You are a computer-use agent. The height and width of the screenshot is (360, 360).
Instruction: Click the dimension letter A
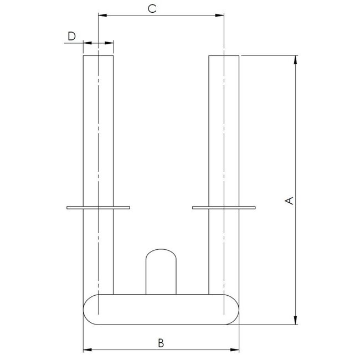click(x=289, y=200)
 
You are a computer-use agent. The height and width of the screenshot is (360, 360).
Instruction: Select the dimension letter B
click(x=161, y=343)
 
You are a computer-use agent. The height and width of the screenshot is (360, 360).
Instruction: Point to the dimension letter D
click(x=71, y=37)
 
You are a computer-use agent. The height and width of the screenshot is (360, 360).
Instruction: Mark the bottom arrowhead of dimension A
click(x=295, y=321)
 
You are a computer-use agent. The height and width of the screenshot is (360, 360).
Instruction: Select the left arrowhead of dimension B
click(x=86, y=350)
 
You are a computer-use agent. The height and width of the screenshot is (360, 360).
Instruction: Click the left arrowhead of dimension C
click(x=101, y=16)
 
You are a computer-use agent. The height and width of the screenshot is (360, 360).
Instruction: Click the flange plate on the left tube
click(x=98, y=208)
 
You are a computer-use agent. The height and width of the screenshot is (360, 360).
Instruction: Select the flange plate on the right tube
click(x=224, y=208)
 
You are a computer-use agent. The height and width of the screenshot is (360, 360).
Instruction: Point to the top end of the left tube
click(x=98, y=56)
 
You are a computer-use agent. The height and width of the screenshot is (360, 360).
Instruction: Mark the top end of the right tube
click(x=224, y=56)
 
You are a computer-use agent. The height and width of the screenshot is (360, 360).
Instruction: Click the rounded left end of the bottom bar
click(x=89, y=310)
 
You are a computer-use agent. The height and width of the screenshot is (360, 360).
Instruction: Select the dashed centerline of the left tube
click(x=98, y=138)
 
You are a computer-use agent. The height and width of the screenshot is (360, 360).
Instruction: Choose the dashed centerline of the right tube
click(x=224, y=138)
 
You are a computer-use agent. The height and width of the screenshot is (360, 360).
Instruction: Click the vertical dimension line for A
click(x=295, y=138)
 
